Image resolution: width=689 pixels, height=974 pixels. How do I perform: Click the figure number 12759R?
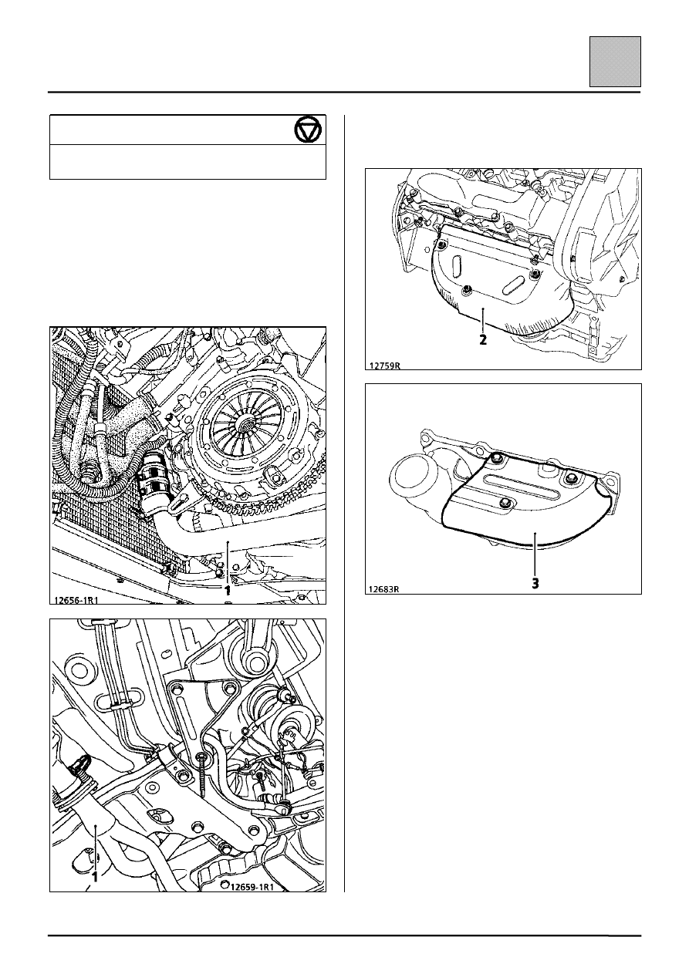pyautogui.click(x=384, y=366)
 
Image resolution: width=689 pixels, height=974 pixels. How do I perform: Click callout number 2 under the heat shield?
pyautogui.click(x=483, y=339)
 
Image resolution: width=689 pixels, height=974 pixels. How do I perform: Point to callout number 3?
pyautogui.click(x=535, y=583)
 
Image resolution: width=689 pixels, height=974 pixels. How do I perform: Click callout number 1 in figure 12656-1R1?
pyautogui.click(x=227, y=591)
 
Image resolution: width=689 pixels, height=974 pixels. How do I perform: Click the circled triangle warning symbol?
pyautogui.click(x=309, y=130)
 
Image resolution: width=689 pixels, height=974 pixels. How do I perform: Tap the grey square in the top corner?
pyautogui.click(x=615, y=62)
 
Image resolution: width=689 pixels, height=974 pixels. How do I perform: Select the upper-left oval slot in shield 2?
pyautogui.click(x=455, y=265)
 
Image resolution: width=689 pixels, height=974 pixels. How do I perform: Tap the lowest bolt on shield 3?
pyautogui.click(x=506, y=503)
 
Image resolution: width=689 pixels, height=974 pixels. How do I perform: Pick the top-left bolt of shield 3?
pyautogui.click(x=495, y=458)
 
